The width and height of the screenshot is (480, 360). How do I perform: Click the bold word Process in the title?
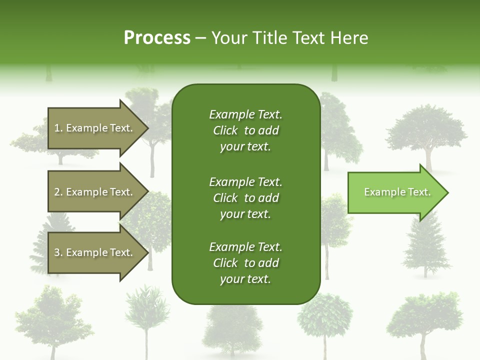pos(157,38)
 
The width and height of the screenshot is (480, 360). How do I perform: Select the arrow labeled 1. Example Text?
pos(95,128)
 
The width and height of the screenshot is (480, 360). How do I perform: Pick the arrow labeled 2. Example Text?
pos(95,192)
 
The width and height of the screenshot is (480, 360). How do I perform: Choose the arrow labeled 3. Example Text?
pos(95,252)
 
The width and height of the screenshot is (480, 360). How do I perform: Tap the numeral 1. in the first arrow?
pos(58,128)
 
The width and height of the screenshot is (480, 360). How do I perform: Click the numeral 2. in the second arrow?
pos(58,192)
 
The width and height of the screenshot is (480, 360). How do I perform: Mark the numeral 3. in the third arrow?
pos(58,252)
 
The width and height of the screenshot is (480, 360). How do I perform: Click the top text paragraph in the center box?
pos(245,130)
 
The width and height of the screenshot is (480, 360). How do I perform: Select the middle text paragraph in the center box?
pos(245,198)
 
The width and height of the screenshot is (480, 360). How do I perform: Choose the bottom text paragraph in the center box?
pos(245,263)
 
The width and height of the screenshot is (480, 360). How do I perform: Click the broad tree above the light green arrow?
pos(426,130)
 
